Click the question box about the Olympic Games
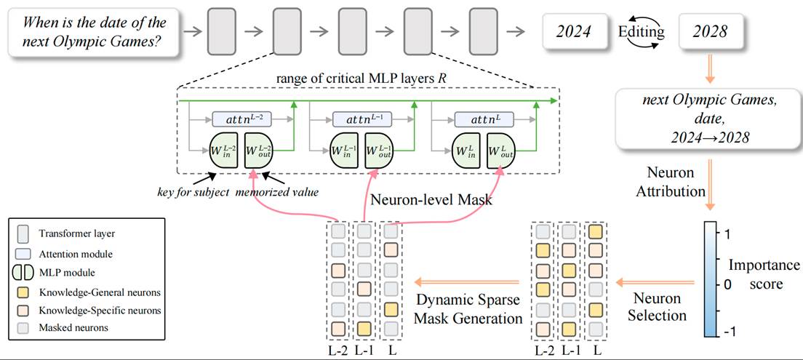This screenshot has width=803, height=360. [x=95, y=33]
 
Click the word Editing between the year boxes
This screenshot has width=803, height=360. [x=641, y=31]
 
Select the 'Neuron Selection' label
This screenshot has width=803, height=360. [x=657, y=307]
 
